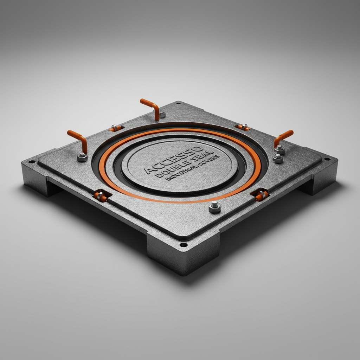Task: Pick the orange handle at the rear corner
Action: [x=150, y=108]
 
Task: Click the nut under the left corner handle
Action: [x=82, y=157]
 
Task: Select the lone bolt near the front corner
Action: [x=214, y=207]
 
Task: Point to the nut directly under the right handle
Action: [x=279, y=151]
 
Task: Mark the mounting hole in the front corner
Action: [x=182, y=245]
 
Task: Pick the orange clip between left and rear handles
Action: [x=116, y=128]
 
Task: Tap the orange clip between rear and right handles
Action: [x=243, y=127]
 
